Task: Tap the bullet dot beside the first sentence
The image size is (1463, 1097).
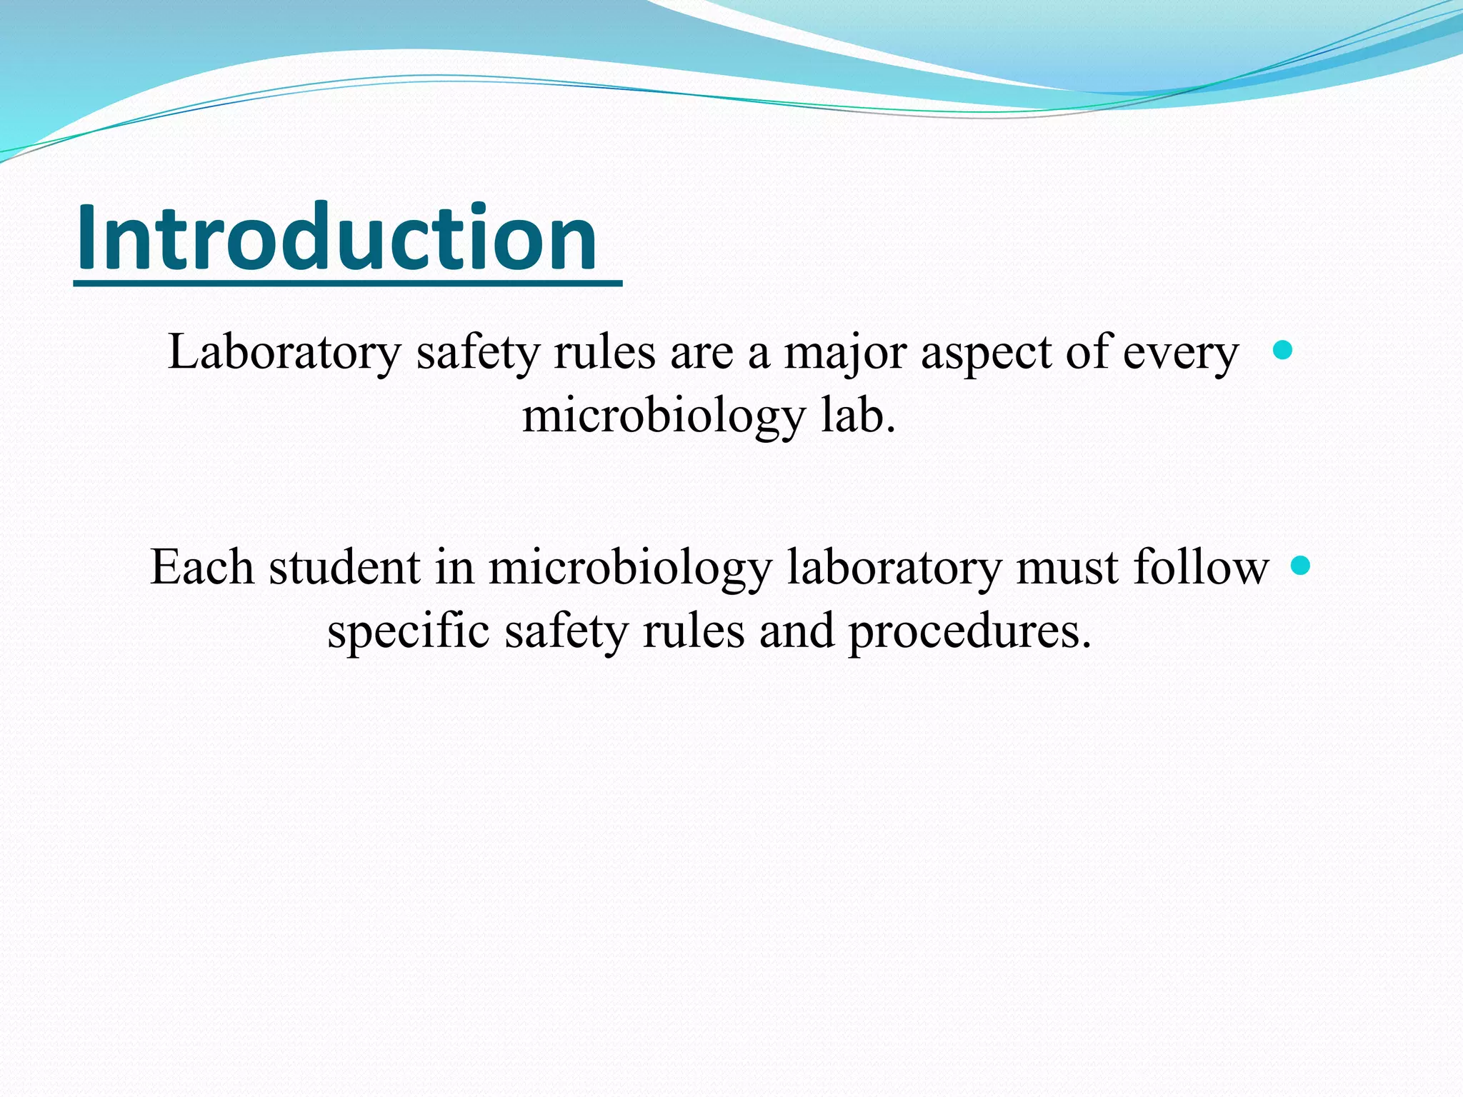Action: tap(1283, 350)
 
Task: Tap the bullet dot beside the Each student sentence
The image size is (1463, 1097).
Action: tap(1302, 566)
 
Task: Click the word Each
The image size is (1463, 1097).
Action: tap(201, 568)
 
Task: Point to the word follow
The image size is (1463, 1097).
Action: tap(1201, 568)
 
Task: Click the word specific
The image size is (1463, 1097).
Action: tap(408, 631)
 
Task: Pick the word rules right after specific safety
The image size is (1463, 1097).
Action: tap(693, 631)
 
